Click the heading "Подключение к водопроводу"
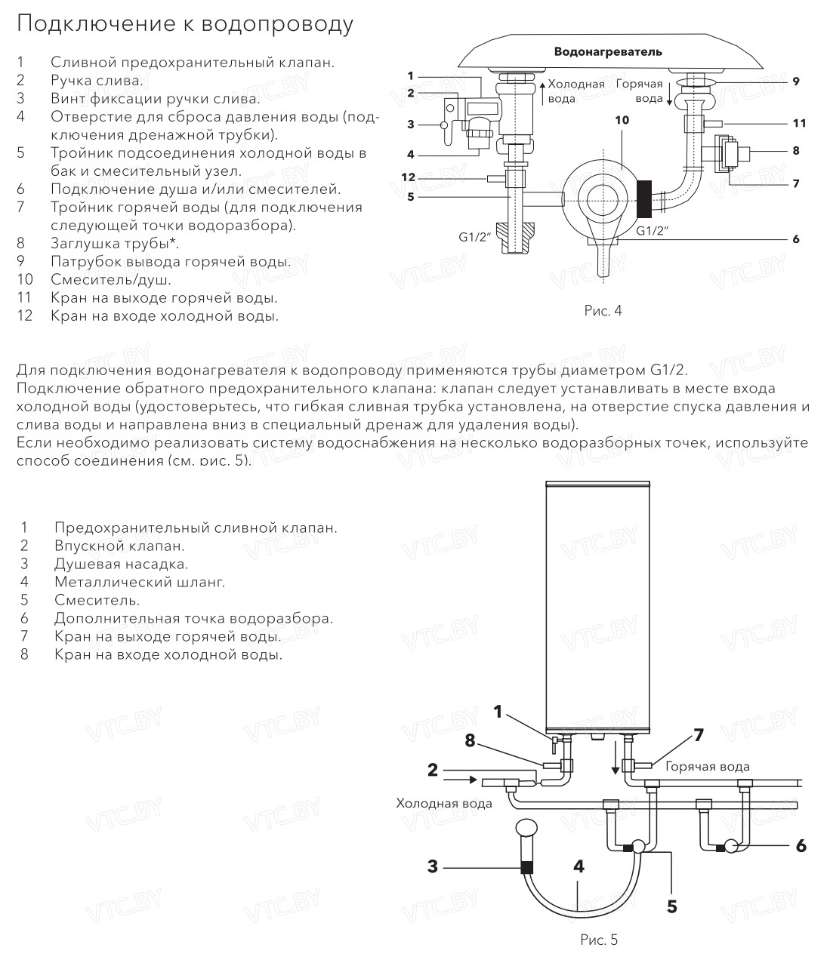(185, 24)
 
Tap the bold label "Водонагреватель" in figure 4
(608, 51)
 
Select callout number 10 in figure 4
(621, 120)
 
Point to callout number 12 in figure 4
(409, 178)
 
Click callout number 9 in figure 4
(796, 81)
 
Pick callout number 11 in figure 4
(799, 122)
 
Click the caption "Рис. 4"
(603, 310)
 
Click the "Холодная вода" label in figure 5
(444, 803)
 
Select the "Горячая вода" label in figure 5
(707, 767)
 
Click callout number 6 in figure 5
(801, 845)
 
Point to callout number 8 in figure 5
(470, 741)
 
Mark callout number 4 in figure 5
(579, 866)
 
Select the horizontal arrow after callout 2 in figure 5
(461, 778)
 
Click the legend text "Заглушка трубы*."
(115, 244)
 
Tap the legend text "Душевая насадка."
(121, 564)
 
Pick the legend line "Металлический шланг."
(140, 582)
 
